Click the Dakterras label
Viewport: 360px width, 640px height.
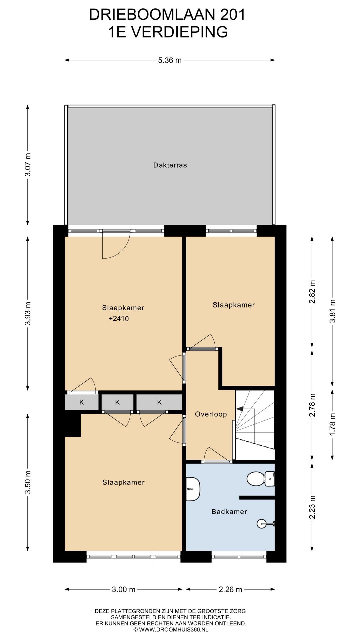point(170,165)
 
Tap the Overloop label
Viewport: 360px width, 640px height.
point(211,414)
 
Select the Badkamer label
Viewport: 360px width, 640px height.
point(229,511)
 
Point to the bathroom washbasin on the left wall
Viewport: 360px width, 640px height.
point(193,489)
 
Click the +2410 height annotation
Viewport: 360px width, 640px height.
point(119,319)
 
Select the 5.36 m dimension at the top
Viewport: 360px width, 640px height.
point(170,60)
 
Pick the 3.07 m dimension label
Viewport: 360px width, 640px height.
point(28,165)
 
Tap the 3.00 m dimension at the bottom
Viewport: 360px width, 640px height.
point(124,590)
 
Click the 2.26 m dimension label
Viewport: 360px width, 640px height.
point(230,590)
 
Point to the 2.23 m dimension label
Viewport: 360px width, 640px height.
point(312,507)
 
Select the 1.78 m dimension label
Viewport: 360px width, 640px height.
point(332,424)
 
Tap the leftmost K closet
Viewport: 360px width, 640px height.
point(81,402)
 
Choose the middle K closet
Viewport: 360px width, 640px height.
point(117,402)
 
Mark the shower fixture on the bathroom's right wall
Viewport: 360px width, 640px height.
point(266,524)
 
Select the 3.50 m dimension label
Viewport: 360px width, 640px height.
point(28,482)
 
